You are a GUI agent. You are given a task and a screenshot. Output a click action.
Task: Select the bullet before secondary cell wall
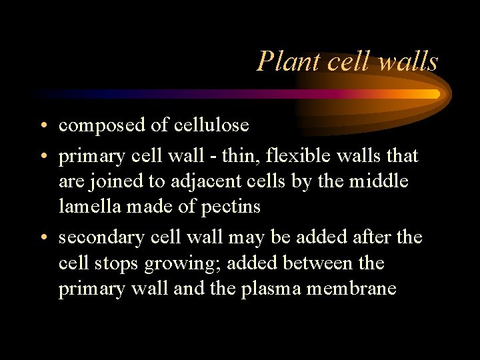tap(43, 238)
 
